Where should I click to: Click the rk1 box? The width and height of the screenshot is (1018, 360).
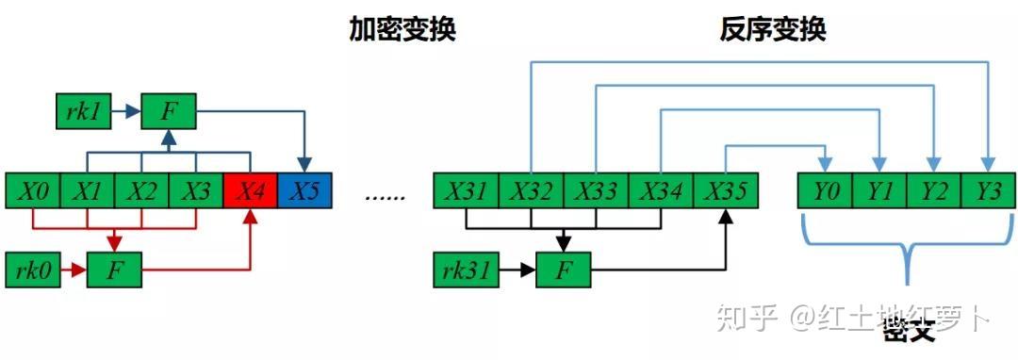(83, 112)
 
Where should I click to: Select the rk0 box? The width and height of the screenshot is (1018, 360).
(33, 270)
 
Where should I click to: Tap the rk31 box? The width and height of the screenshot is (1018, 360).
(464, 270)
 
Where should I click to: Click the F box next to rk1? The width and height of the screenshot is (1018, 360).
(168, 112)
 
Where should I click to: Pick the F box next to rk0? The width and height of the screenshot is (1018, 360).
(114, 270)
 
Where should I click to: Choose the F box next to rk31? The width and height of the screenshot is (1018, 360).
(564, 270)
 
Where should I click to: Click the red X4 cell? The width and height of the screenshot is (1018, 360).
(250, 191)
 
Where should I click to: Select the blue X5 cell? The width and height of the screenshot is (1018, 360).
(304, 191)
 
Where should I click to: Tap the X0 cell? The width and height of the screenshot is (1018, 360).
(33, 191)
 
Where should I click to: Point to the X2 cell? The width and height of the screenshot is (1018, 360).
(141, 191)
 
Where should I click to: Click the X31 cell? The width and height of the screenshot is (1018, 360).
(465, 191)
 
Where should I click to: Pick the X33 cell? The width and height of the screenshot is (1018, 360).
(595, 191)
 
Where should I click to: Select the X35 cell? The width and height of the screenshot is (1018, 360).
(725, 191)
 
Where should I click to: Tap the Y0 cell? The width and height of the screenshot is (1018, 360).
(826, 191)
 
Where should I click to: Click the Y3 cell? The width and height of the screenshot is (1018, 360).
(988, 191)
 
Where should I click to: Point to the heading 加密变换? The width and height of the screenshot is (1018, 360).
(403, 29)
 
